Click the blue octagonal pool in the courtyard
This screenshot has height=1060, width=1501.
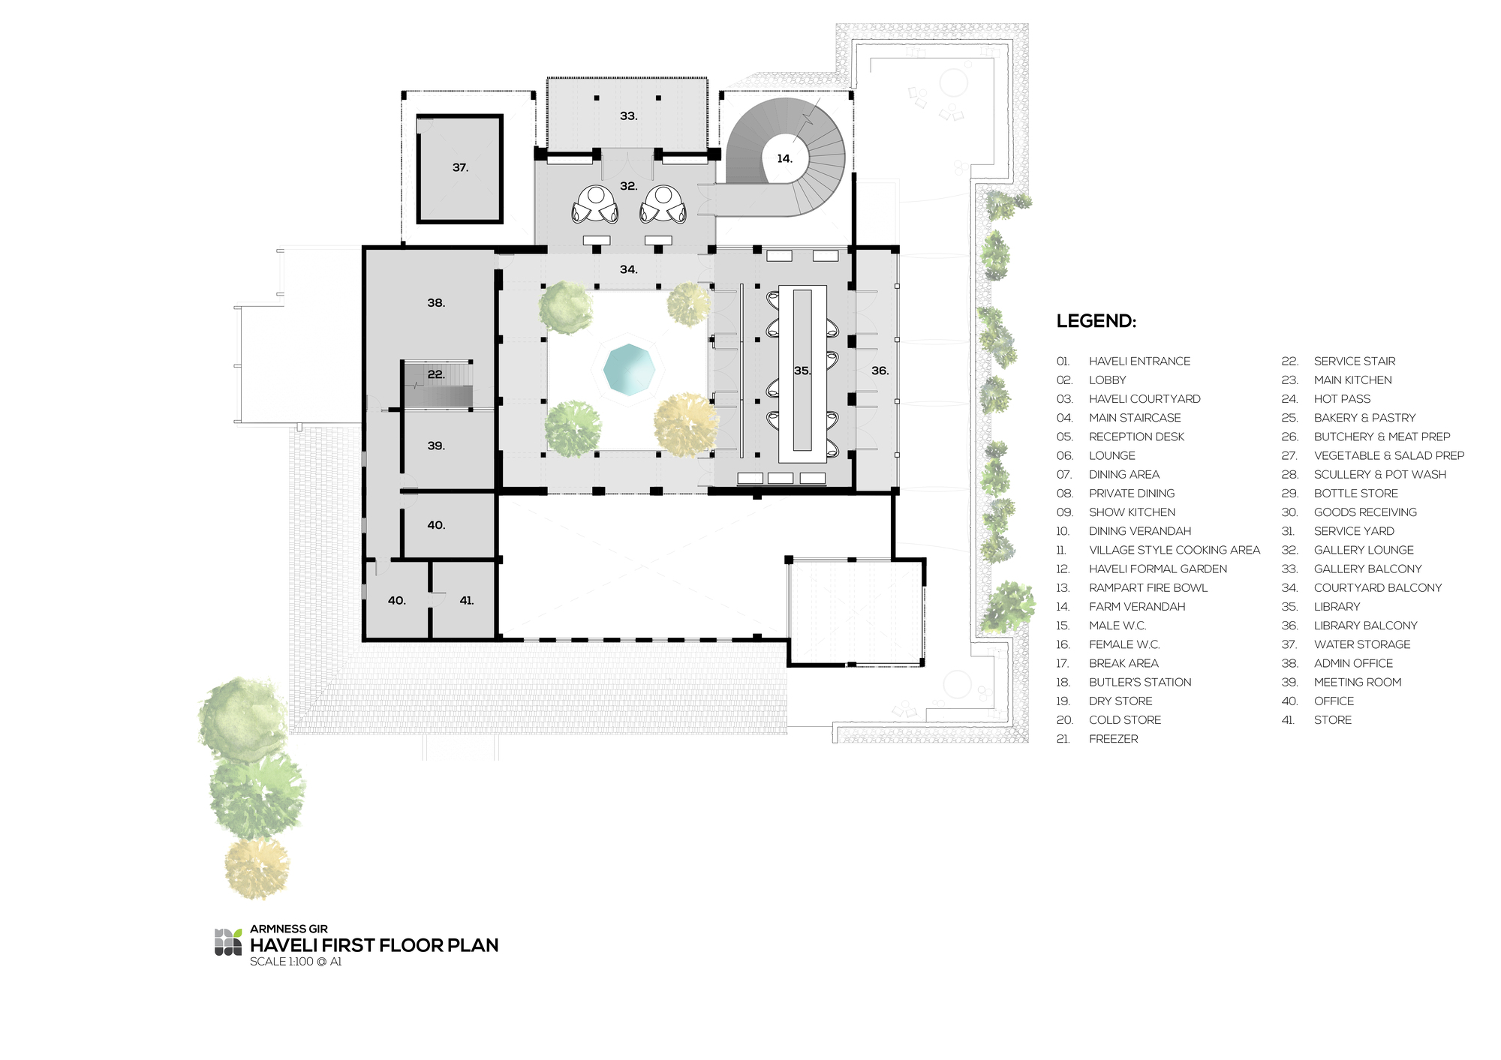629,370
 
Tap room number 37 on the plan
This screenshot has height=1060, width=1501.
460,168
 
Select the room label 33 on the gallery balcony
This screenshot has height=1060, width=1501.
629,116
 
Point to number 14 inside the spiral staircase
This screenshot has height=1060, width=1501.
784,159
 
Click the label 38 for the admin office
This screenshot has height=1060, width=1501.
436,303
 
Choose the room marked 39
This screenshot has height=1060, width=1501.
436,446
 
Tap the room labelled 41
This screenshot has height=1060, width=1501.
467,600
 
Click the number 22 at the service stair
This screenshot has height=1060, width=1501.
436,374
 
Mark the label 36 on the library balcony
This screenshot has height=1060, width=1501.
880,371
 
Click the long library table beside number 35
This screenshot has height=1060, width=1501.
802,374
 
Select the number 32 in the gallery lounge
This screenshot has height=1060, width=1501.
629,186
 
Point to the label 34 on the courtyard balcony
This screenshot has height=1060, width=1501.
629,269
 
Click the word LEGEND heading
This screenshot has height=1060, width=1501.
1096,321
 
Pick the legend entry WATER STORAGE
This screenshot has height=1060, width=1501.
1362,644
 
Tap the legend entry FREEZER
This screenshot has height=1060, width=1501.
1114,739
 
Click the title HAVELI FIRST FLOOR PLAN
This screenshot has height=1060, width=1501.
374,945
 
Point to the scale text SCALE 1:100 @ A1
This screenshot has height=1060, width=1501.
296,962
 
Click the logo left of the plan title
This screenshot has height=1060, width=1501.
228,942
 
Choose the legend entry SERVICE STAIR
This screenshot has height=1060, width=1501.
1355,361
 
